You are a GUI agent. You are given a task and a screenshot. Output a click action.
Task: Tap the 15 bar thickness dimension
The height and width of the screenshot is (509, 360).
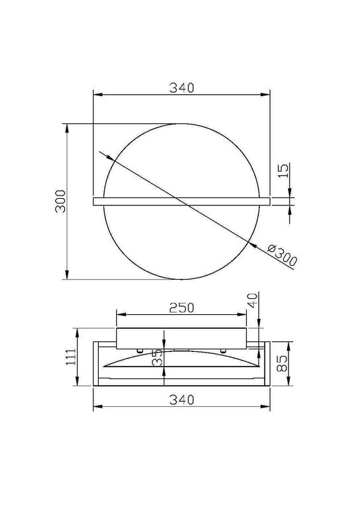pos(282,170)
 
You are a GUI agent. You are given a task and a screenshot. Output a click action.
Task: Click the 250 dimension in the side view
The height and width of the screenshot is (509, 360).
pos(180,308)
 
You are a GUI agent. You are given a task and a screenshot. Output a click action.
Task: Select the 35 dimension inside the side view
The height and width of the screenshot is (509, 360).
pos(157,359)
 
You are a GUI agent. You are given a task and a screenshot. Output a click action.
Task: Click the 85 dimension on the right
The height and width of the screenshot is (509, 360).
pos(282,363)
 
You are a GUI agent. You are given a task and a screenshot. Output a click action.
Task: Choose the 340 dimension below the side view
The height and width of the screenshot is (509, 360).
pos(180,400)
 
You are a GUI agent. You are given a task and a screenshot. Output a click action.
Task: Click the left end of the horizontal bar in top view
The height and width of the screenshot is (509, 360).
pos(93,201)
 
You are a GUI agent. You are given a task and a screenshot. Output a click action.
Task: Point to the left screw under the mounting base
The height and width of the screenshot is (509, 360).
pos(140,349)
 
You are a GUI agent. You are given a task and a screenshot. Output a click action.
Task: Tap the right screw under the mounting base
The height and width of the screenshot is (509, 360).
pos(223,349)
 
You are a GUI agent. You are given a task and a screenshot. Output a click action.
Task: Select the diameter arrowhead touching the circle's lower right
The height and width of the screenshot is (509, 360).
pos(253,245)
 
